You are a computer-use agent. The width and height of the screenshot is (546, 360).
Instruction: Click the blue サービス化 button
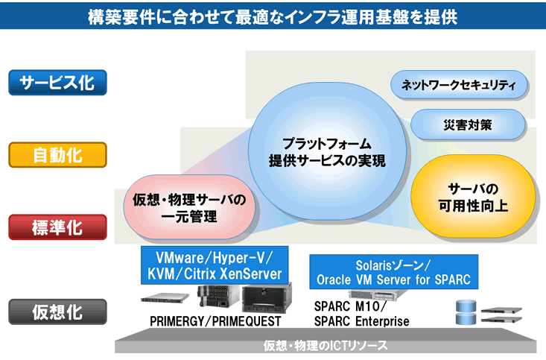click(x=57, y=83)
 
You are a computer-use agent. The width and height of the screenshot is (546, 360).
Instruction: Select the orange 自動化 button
click(x=57, y=155)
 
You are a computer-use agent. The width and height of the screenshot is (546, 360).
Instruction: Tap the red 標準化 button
click(x=57, y=227)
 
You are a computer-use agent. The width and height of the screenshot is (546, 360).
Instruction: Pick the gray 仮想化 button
click(x=57, y=312)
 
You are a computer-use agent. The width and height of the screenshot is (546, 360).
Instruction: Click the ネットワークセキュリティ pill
click(x=459, y=85)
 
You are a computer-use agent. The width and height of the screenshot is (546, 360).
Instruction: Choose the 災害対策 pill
click(x=468, y=124)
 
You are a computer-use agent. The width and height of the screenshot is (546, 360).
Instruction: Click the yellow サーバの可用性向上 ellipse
click(x=473, y=197)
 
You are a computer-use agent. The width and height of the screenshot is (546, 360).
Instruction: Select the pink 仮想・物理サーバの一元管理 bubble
click(x=189, y=208)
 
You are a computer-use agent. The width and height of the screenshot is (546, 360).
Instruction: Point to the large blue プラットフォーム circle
click(x=327, y=151)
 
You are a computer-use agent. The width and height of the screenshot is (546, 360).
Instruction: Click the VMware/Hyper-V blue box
click(x=215, y=265)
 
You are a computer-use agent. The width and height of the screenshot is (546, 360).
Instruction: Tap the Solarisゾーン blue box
click(x=393, y=272)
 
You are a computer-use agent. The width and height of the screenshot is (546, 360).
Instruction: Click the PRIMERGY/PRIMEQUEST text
click(x=215, y=321)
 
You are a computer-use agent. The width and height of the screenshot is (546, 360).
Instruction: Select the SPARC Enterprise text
click(x=361, y=321)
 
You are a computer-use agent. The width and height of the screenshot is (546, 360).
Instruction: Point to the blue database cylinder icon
click(x=466, y=312)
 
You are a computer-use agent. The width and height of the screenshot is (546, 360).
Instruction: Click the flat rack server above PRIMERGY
click(x=165, y=297)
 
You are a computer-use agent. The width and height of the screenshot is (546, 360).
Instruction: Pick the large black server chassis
click(x=267, y=298)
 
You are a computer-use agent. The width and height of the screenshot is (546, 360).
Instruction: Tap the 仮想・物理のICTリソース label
click(x=326, y=346)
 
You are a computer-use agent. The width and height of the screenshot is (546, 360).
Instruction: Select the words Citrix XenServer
click(x=232, y=274)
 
